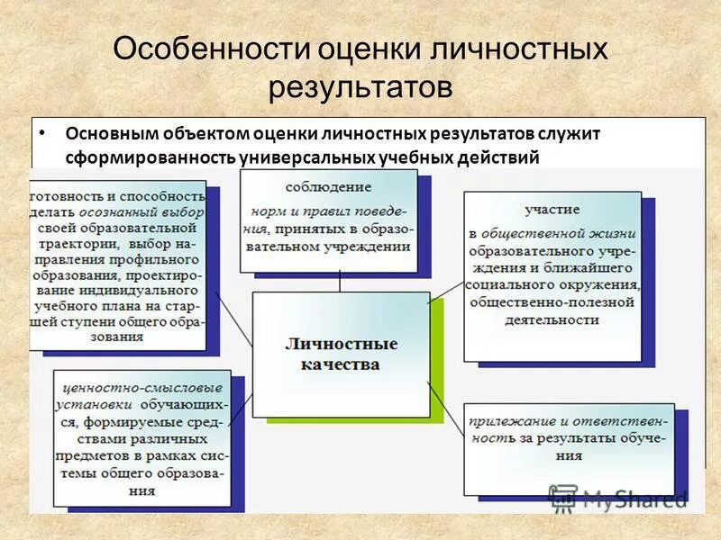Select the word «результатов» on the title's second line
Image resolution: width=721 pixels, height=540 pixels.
[360, 87]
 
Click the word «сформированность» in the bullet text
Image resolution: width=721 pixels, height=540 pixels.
[150, 157]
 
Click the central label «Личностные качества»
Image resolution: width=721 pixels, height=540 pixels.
[341, 354]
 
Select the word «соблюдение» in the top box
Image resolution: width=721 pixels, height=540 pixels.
[328, 187]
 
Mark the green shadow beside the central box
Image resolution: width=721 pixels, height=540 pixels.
[438, 360]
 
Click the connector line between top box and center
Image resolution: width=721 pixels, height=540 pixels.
[339, 282]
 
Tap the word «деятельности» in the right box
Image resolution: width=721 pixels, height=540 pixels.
[551, 319]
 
